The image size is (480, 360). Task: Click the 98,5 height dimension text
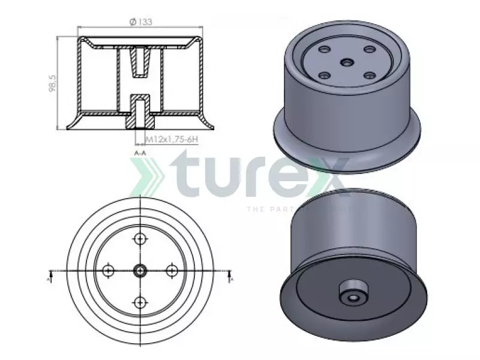pos(53,83)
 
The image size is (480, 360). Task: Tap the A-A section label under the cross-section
pos(140,154)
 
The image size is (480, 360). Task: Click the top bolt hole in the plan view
pos(140,239)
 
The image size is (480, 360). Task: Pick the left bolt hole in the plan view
pos(109,270)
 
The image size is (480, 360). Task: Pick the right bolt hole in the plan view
pos(172,270)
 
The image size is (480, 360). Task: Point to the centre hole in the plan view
pos(140,270)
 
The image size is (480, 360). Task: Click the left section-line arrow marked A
pos(51,276)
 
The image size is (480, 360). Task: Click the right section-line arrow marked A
pos(230,276)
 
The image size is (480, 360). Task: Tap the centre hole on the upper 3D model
pos(347,62)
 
